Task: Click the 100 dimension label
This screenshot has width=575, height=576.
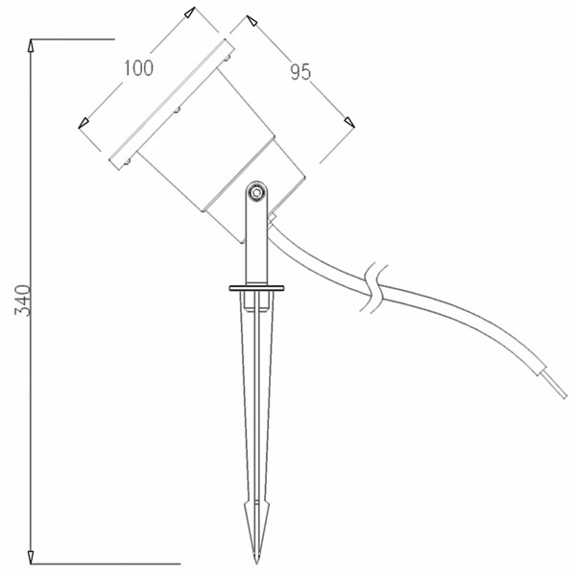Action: pos(138,68)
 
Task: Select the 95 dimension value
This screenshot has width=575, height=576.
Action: pos(300,71)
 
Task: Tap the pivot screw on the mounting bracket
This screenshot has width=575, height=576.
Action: pos(256,193)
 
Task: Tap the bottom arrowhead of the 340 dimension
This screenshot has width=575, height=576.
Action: pos(31,558)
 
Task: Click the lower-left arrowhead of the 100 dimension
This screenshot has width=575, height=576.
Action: pos(84,122)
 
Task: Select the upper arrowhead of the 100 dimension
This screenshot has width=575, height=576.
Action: pos(190,13)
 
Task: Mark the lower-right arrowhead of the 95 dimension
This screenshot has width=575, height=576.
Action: pos(349,121)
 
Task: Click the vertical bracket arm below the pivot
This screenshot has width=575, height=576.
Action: pos(256,240)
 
